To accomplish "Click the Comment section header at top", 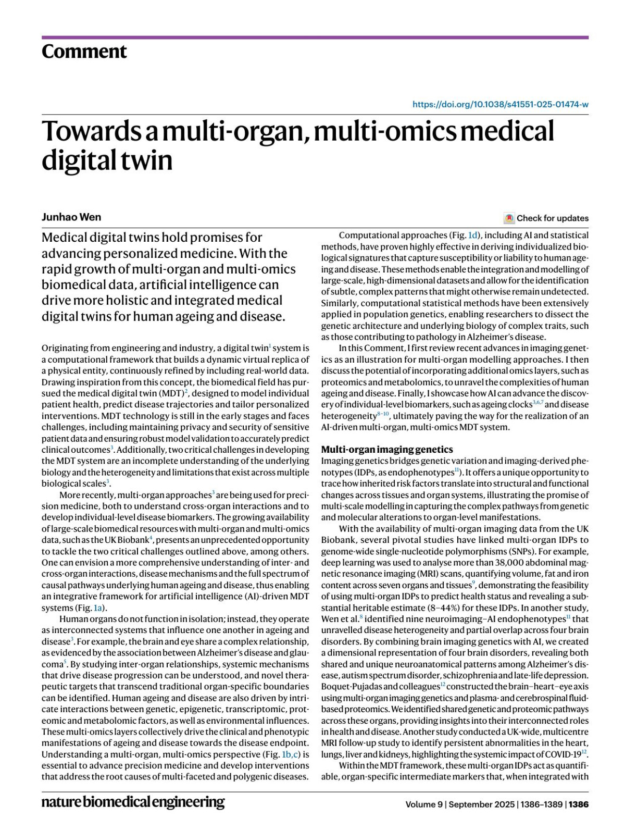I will tap(84, 52).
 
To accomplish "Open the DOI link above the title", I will tap(500, 104).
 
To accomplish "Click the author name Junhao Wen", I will tap(71, 217).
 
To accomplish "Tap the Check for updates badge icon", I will tap(509, 218).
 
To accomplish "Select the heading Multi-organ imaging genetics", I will tap(386, 449).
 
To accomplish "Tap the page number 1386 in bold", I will tap(579, 804).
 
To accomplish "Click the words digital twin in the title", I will tap(107, 160).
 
